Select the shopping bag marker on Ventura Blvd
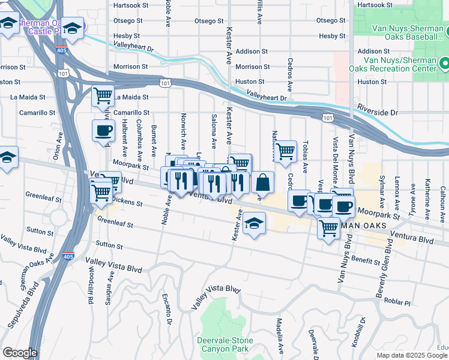click(x=262, y=182)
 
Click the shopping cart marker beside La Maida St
click(x=103, y=96)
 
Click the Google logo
click(x=20, y=353)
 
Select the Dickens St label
click(x=127, y=202)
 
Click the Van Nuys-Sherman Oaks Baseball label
click(x=401, y=36)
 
